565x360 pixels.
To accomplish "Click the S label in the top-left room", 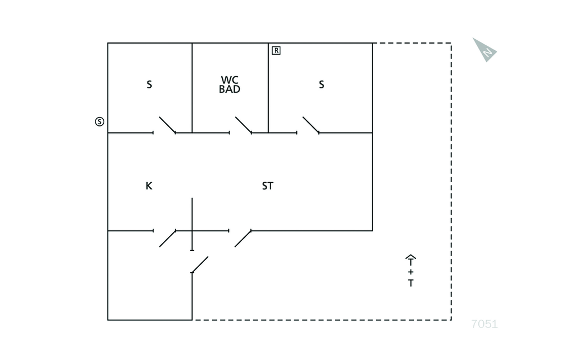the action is click(x=149, y=84).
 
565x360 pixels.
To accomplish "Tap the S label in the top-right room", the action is click(x=322, y=84).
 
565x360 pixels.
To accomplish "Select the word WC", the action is click(x=230, y=80).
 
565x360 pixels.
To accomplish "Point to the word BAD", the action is click(x=230, y=89).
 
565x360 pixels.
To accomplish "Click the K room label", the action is click(x=149, y=186).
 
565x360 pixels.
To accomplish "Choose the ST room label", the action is click(x=268, y=186).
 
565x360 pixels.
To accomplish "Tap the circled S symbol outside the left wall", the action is click(x=99, y=121).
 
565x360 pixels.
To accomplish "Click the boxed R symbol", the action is click(x=276, y=50).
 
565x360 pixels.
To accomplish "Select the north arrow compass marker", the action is click(x=484, y=50).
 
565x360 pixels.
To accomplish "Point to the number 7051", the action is click(x=484, y=324).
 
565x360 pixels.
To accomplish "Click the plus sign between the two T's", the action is click(x=411, y=272).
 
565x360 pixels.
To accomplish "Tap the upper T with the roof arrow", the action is click(x=411, y=260).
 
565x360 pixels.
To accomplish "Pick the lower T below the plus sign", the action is click(x=411, y=283).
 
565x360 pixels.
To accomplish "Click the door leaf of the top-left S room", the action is click(x=167, y=125).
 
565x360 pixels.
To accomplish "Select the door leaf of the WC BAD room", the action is click(x=243, y=125).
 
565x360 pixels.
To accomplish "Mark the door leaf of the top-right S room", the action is click(x=311, y=125).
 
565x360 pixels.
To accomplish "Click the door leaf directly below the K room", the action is click(x=168, y=239).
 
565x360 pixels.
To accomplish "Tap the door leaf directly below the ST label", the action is click(x=243, y=239).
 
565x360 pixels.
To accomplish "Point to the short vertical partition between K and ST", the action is click(x=192, y=224).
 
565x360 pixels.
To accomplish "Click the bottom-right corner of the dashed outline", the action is click(x=451, y=320).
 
